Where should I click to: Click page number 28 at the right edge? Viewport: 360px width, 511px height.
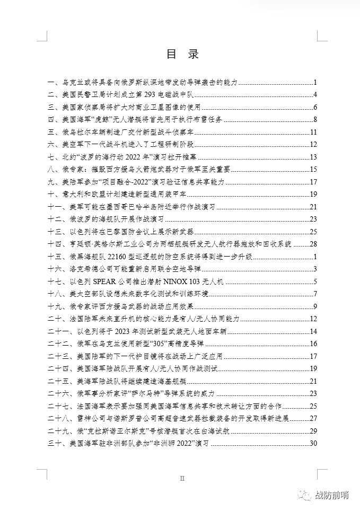click(313, 244)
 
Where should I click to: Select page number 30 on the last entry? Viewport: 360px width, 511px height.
click(313, 443)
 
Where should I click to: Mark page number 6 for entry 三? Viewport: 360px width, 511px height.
click(315, 107)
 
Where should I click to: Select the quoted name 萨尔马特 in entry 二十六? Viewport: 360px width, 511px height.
click(160, 393)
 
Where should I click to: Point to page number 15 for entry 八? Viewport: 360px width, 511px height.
click(313, 170)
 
